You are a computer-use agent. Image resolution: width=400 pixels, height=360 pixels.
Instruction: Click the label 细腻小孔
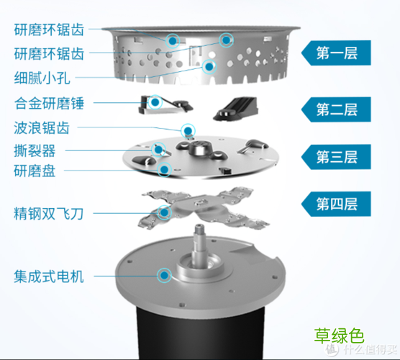coord(43,77)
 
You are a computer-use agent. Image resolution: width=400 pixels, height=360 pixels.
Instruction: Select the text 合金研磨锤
coord(49,103)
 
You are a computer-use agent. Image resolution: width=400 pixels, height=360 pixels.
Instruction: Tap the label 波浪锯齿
coord(43,130)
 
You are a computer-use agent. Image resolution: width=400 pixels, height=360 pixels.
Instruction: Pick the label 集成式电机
coord(49,275)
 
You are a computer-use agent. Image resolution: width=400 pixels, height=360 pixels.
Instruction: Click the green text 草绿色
coord(339,336)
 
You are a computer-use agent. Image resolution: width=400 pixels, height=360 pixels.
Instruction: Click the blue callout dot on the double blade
coord(165,212)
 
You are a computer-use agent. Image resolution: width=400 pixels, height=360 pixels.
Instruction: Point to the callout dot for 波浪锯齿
coord(188,130)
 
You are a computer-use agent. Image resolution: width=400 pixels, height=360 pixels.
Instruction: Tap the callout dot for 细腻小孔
coord(209,66)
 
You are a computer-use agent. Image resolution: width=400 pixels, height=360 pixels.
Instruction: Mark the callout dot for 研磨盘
coord(165,170)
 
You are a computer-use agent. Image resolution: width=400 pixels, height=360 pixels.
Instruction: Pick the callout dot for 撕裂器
coord(160,150)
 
